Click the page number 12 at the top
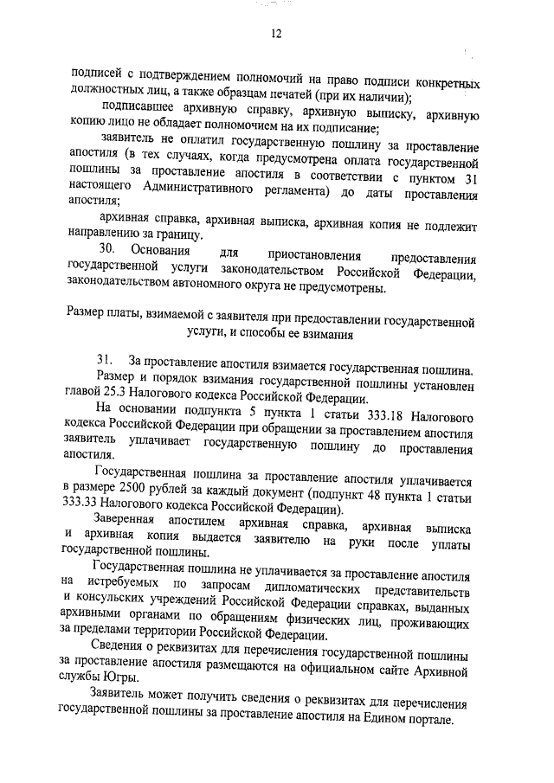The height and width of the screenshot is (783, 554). coord(277,34)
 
